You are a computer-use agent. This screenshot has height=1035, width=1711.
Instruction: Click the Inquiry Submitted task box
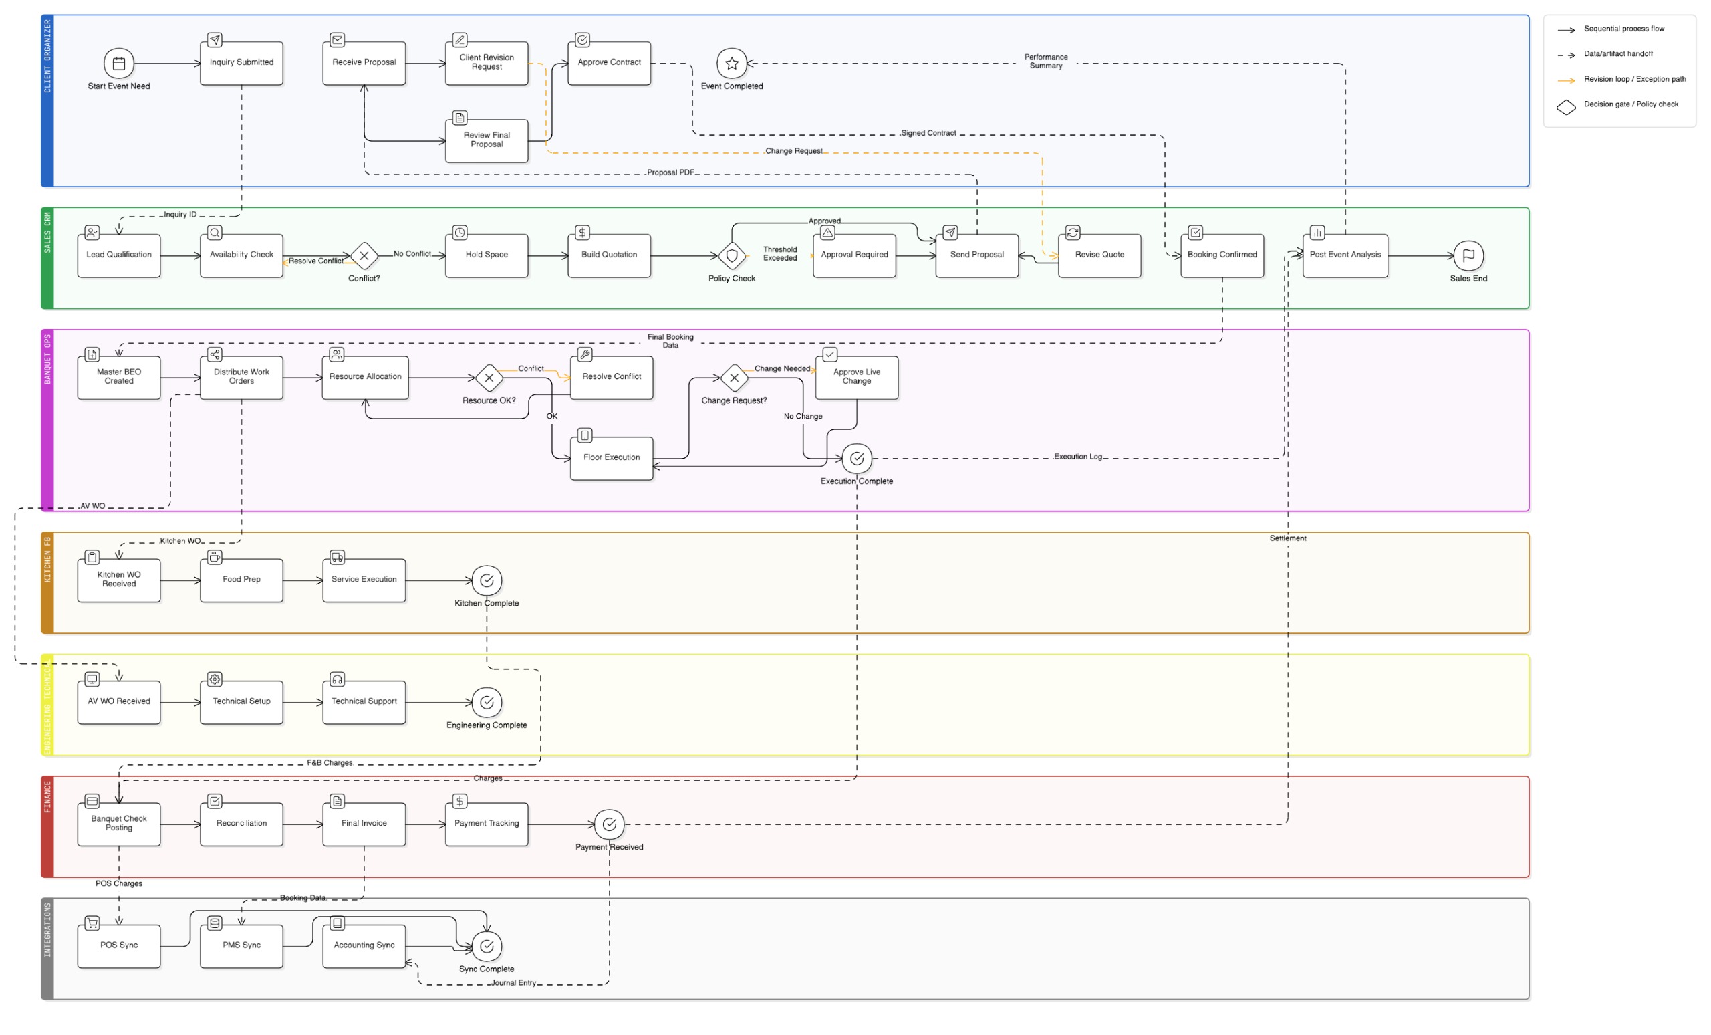point(241,64)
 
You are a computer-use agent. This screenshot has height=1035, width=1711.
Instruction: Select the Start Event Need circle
point(119,64)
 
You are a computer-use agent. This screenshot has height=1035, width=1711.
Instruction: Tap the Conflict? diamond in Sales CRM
point(364,255)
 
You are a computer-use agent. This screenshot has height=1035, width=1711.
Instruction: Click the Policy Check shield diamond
point(731,255)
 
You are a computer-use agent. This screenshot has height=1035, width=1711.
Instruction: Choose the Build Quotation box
point(609,255)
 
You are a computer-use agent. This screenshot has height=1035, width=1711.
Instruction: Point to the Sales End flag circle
point(1468,255)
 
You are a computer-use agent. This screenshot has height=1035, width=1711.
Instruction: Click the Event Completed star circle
point(731,64)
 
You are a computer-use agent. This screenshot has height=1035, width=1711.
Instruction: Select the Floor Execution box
point(611,458)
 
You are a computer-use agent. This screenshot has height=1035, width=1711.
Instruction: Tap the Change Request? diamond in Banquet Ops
point(734,378)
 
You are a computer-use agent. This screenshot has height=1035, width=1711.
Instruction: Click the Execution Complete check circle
point(856,459)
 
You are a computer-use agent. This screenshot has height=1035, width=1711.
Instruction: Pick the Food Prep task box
point(241,580)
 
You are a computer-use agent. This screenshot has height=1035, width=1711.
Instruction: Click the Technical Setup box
point(241,702)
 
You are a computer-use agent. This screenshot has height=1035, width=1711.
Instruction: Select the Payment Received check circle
point(609,824)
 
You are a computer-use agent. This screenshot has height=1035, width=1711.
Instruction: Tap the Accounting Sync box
point(364,946)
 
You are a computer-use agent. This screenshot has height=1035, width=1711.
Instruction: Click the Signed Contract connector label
point(928,133)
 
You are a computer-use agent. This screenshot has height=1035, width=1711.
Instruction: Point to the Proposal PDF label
point(670,173)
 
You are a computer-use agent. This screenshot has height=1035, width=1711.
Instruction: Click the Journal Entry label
point(513,983)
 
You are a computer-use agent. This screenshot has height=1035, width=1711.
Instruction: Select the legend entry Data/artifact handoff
point(1617,54)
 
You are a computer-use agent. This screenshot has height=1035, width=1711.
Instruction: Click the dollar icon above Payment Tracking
point(460,801)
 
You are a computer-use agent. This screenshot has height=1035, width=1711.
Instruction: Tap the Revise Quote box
point(1099,255)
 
